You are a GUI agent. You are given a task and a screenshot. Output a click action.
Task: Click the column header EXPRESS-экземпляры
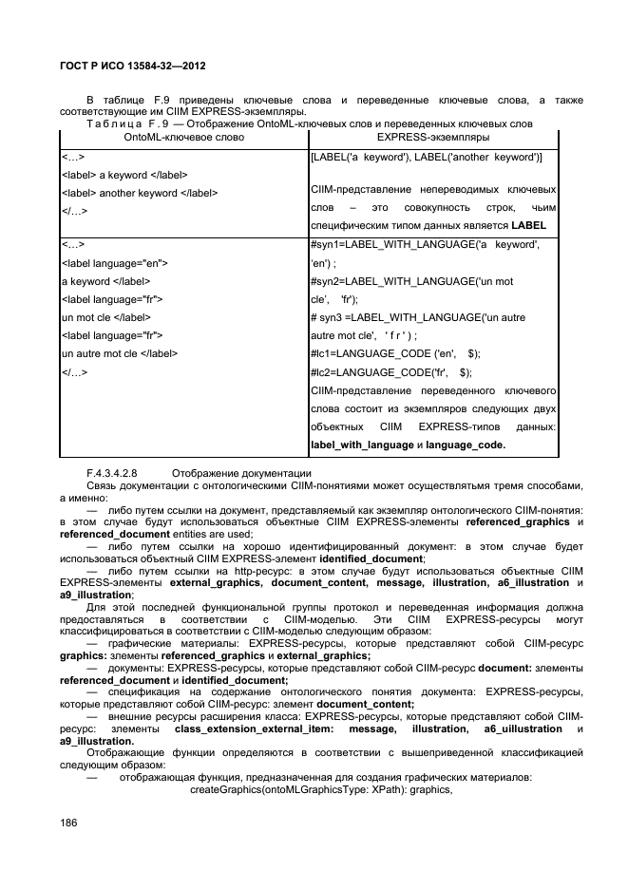432,138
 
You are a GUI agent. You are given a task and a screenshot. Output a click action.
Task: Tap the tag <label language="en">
114,263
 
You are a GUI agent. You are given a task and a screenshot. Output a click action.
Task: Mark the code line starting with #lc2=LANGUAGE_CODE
390,371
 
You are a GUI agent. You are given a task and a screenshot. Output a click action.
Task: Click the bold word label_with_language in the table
361,444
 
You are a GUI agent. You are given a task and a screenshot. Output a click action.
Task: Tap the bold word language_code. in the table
466,444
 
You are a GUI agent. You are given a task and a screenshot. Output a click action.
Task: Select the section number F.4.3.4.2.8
112,472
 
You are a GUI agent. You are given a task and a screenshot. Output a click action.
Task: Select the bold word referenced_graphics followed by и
523,521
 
